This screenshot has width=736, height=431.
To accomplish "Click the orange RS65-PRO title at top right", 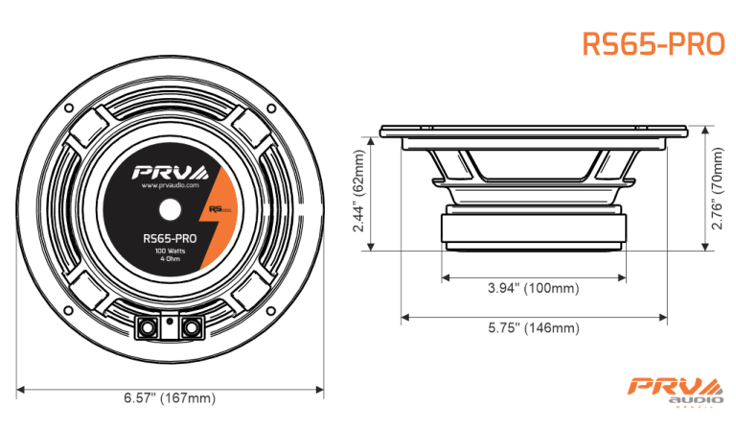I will (x=653, y=45).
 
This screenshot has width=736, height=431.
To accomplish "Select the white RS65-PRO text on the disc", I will (x=170, y=237).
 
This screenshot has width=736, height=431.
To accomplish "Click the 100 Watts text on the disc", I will (x=170, y=251).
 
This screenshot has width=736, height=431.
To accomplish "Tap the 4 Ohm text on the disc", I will (x=170, y=259).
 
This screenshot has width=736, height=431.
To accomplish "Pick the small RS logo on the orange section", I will (x=215, y=206).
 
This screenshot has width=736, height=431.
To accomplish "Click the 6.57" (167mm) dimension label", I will (x=170, y=398).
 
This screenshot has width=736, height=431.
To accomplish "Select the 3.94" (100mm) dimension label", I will (x=533, y=287).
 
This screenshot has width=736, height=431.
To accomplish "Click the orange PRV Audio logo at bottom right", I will (x=674, y=390).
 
